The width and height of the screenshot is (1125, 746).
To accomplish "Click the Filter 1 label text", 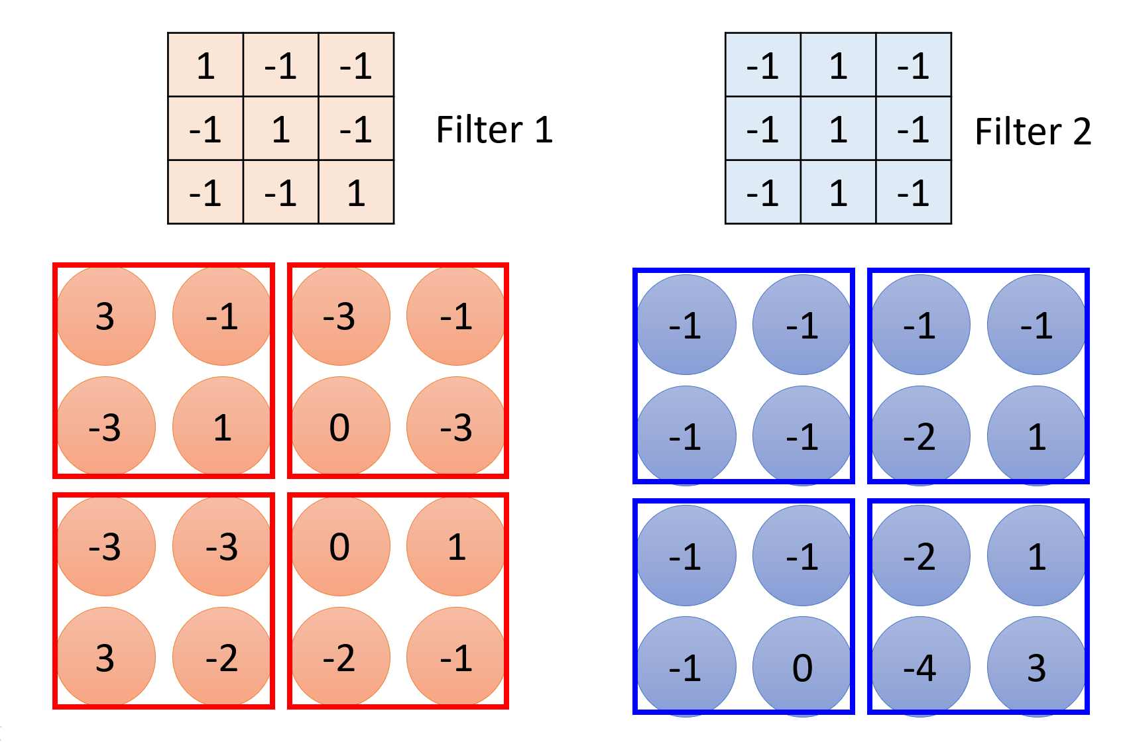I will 494,129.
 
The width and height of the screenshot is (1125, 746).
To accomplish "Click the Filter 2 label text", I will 1032,131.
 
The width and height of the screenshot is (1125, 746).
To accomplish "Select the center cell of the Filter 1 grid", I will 281,129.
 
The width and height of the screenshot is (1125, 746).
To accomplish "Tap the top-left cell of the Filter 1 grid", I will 206,65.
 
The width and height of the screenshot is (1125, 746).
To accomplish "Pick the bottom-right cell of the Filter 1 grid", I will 356,192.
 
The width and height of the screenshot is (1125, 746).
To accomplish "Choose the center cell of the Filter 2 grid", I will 838,129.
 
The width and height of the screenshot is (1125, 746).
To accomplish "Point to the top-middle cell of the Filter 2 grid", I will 838,65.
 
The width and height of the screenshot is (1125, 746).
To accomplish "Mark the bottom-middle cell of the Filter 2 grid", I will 838,192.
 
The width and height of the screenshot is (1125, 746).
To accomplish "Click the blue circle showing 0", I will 802,666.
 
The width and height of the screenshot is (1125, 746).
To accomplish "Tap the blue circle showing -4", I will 920,666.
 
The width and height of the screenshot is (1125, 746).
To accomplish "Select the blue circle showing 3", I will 1037,666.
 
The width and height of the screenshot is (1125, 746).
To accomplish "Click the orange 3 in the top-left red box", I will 105,316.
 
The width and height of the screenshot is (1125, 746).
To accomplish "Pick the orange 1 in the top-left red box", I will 222,427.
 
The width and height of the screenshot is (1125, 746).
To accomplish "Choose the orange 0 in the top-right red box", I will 339,427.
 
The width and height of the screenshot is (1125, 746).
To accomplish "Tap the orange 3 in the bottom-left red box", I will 105,658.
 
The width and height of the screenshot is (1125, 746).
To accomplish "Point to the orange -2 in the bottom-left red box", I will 222,658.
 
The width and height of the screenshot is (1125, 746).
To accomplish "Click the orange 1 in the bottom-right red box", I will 456,547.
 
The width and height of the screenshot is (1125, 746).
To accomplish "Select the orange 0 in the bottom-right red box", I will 339,547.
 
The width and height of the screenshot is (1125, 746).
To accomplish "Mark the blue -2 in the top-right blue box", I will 920,437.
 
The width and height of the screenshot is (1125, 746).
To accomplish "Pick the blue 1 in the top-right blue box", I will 1037,437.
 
